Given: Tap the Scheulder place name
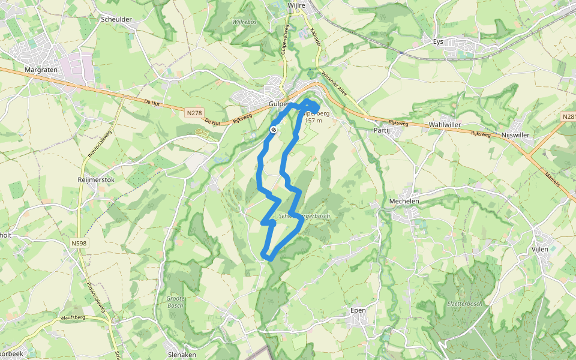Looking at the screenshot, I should [116, 19].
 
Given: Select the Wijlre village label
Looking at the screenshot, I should [296, 5].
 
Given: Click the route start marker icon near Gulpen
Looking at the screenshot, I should [274, 129].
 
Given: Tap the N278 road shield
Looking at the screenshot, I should [194, 112].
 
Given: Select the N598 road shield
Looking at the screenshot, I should [79, 243].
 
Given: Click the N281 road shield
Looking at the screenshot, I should [569, 116].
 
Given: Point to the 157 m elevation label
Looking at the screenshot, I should [313, 121].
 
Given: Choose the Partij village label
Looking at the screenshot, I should [382, 130].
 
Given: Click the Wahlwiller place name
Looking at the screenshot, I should [445, 125].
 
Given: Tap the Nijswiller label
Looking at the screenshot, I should [515, 135].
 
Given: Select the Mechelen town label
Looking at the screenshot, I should [404, 201].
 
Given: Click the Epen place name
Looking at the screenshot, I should [358, 310].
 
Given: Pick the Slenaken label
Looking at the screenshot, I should [183, 355].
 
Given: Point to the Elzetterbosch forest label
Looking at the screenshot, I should [465, 304].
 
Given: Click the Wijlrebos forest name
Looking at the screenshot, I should [244, 22].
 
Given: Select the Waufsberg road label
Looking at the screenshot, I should [76, 316].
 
